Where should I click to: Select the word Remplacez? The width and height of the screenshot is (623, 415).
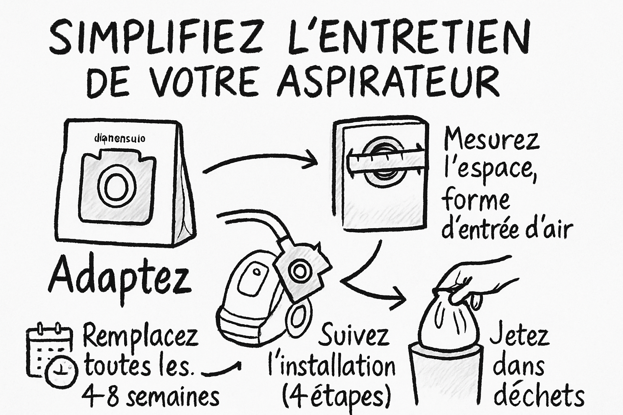click(x=140, y=336)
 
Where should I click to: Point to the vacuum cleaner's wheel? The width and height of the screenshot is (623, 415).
click(x=300, y=316)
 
